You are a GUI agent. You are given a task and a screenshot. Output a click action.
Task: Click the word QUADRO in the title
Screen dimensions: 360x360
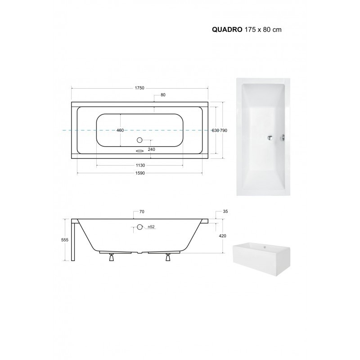pyautogui.click(x=227, y=30)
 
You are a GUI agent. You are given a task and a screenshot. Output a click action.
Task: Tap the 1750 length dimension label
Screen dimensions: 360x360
pyautogui.click(x=139, y=88)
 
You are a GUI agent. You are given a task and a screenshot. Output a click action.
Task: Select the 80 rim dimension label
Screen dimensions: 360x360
pyautogui.click(x=163, y=95)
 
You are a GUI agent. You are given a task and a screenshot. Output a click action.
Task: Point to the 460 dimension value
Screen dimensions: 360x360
pyautogui.click(x=120, y=130)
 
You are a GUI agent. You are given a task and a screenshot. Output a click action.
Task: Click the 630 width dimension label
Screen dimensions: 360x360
pyautogui.click(x=215, y=130)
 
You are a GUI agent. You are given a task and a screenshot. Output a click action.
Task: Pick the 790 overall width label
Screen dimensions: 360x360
pyautogui.click(x=224, y=130)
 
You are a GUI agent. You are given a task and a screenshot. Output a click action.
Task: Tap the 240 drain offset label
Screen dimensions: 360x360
pyautogui.click(x=152, y=149)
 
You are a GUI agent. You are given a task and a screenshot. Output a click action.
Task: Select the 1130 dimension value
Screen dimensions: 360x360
pyautogui.click(x=140, y=165)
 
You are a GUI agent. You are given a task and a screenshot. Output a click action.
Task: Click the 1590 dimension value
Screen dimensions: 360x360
pyautogui.click(x=140, y=173)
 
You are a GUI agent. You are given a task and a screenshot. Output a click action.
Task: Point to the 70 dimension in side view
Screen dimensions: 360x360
pyautogui.click(x=142, y=211)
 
